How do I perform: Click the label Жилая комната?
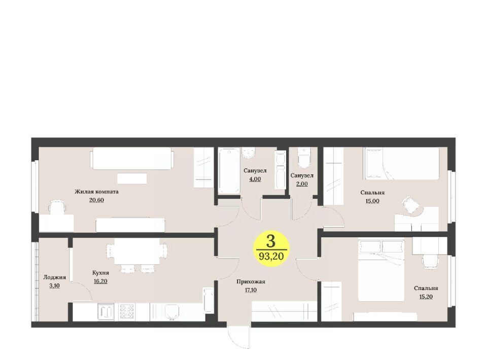click(x=96, y=192)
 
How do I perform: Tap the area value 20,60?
click(x=96, y=200)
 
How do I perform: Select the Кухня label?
click(x=100, y=273)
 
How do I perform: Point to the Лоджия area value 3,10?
click(x=54, y=286)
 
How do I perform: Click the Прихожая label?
click(x=251, y=282)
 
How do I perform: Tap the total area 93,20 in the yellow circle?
click(x=271, y=257)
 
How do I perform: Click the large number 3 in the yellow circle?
click(x=271, y=241)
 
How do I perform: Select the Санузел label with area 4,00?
click(x=255, y=171)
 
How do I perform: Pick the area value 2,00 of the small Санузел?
click(x=302, y=184)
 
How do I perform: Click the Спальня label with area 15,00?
click(x=372, y=192)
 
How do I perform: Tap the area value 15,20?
click(x=426, y=297)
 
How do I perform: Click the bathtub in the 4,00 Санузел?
click(x=229, y=171)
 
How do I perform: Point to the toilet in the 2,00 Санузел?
click(x=304, y=157)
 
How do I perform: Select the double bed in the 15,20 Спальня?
click(x=381, y=269)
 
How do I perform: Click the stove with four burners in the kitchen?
click(x=127, y=312)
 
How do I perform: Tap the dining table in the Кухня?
click(x=136, y=251)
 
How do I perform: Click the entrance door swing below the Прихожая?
click(x=238, y=337)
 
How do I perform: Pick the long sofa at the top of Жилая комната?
click(x=132, y=159)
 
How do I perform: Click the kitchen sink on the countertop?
click(x=172, y=312)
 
